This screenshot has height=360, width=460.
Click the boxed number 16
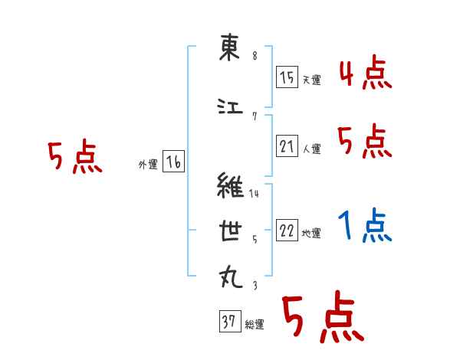tap(174, 162)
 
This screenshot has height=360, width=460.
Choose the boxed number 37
tap(229, 322)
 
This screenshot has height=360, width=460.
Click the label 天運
tap(311, 80)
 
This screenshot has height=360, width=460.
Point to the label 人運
tap(311, 149)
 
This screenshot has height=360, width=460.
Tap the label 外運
tap(147, 165)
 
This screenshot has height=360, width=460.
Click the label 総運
tap(255, 326)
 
